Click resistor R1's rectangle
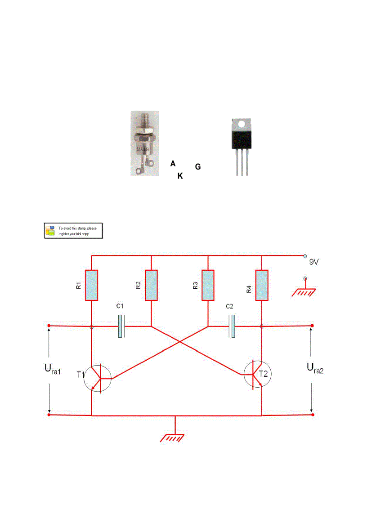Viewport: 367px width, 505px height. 91,285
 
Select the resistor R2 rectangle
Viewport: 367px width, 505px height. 151,285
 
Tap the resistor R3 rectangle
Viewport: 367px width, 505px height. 207,285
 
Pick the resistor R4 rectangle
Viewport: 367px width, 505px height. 262,285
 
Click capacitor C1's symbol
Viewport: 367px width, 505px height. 121,326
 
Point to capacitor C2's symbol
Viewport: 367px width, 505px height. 232,326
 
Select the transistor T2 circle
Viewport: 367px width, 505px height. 257,374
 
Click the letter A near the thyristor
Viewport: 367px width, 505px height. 173,164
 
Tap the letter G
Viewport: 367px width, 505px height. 198,167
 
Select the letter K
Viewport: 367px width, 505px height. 180,176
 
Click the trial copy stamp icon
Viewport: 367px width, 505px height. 50,230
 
